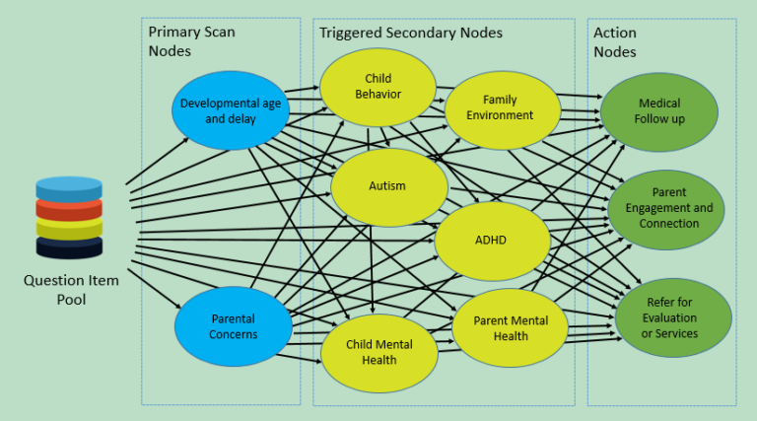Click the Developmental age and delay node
pos(231,109)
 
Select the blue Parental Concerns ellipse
pos(234,326)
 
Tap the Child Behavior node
pos(378,87)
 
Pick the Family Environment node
pos(507,107)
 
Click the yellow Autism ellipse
pos(387,186)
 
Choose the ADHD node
pos(491,241)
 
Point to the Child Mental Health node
pos(378,352)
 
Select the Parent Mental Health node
pos(512,327)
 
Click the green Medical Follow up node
pos(659,111)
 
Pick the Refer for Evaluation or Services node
pos(673,317)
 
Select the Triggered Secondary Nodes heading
pos(411,33)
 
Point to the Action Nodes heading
pos(615,41)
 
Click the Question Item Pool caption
pos(70,290)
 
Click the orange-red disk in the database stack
pos(69,210)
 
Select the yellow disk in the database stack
pos(69,230)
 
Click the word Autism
pos(387,186)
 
